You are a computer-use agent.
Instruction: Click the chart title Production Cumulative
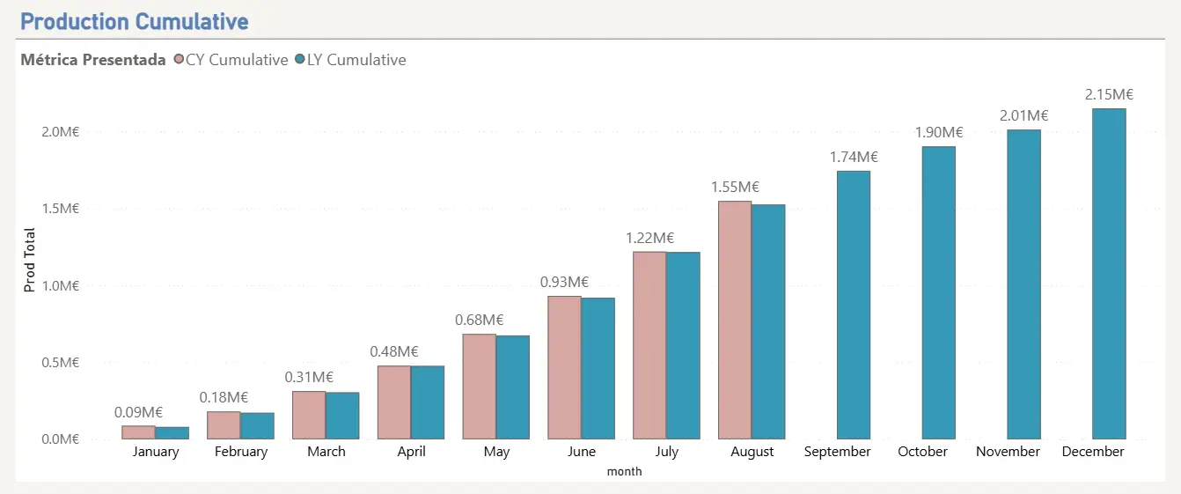[135, 22]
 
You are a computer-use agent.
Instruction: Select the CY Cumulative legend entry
[231, 60]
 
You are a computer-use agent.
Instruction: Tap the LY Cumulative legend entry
[350, 60]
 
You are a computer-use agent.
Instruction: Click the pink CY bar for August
[735, 320]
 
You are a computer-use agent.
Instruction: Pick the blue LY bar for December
[1110, 274]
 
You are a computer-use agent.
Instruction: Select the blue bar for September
[854, 305]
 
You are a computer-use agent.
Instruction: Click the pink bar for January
[139, 432]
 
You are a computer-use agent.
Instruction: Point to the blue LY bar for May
[513, 387]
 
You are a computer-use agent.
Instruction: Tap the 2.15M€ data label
[1109, 94]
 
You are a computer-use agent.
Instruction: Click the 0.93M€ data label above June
[564, 282]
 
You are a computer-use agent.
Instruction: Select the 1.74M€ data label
[854, 157]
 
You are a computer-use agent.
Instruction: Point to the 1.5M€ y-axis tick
[60, 209]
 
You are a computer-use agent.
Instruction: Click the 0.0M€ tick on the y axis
[60, 439]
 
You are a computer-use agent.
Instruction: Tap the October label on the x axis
[922, 452]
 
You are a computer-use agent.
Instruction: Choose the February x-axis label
[241, 452]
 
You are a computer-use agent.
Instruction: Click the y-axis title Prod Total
[29, 260]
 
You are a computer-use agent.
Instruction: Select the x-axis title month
[624, 471]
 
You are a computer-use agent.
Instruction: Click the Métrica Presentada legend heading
[93, 60]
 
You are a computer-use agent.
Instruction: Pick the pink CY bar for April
[394, 402]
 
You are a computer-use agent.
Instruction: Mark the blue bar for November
[1023, 284]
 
